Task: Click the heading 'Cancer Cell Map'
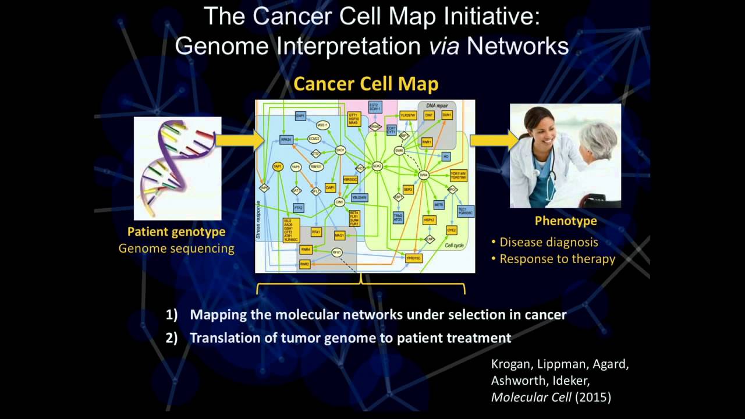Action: (366, 84)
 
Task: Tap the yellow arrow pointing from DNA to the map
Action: (238, 140)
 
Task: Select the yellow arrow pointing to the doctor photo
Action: (492, 140)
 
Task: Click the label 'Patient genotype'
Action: (176, 232)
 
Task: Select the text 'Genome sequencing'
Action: (176, 248)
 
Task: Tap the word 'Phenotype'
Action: (566, 221)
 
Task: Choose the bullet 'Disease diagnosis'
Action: (548, 242)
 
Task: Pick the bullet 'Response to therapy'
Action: (557, 259)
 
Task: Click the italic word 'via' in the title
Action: (444, 45)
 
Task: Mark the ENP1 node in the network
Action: (300, 116)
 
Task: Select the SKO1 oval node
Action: (340, 150)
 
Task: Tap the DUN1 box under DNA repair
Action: (447, 116)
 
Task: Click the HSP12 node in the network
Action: (430, 220)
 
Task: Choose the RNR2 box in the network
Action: (305, 264)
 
